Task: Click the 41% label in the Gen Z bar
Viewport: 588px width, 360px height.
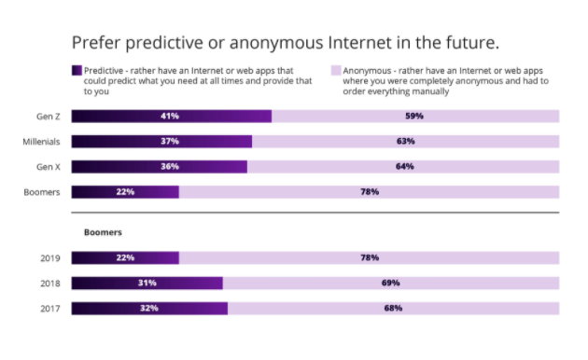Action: click(x=169, y=117)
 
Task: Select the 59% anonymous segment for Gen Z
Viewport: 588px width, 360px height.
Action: click(x=414, y=117)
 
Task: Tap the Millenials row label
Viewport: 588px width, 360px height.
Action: click(x=41, y=142)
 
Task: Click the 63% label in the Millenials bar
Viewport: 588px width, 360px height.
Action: click(x=405, y=142)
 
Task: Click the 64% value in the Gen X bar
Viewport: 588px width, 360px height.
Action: click(x=403, y=167)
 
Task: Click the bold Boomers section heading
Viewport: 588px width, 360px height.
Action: click(x=104, y=232)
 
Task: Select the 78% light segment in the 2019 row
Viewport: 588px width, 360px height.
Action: click(x=369, y=257)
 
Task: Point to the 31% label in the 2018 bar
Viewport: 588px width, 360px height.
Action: click(x=147, y=283)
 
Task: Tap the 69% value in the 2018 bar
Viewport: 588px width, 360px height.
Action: click(x=390, y=283)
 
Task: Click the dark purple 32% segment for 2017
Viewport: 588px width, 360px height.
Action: click(x=149, y=308)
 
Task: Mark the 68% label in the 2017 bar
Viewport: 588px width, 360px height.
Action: click(x=393, y=308)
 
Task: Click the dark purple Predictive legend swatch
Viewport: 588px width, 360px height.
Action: click(x=77, y=70)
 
